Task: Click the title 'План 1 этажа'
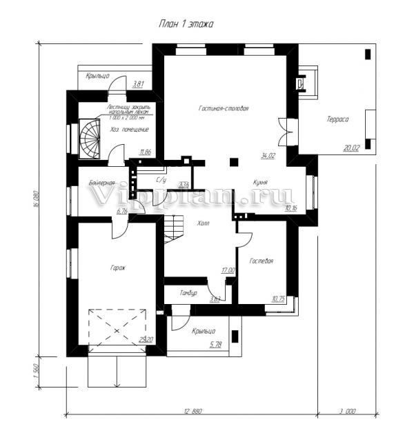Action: pyautogui.click(x=186, y=23)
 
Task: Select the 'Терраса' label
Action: pyautogui.click(x=337, y=119)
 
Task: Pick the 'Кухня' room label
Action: pyautogui.click(x=259, y=183)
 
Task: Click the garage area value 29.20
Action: pyautogui.click(x=146, y=339)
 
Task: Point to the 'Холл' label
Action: pyautogui.click(x=203, y=223)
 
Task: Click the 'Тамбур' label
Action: pyautogui.click(x=189, y=293)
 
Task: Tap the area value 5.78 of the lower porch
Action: pyautogui.click(x=217, y=343)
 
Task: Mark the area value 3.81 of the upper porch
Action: pyautogui.click(x=137, y=84)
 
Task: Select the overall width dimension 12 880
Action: pyautogui.click(x=193, y=411)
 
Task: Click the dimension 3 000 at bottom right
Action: pyautogui.click(x=347, y=411)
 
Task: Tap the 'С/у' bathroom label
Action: pyautogui.click(x=161, y=179)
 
